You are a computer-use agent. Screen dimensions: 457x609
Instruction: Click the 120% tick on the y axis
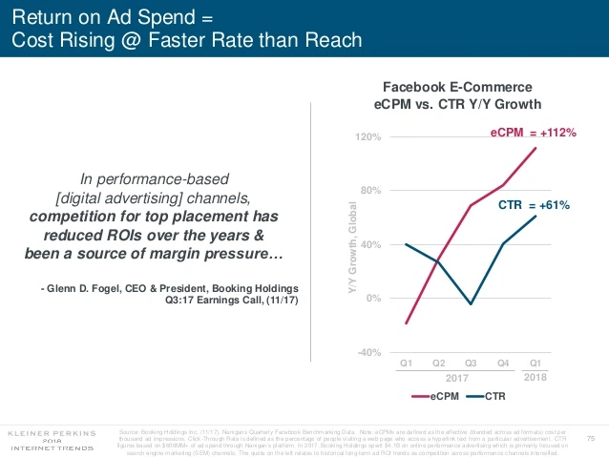point(367,137)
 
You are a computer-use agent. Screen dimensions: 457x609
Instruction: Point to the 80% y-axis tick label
point(369,191)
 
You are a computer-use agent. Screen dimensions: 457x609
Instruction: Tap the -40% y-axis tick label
point(367,352)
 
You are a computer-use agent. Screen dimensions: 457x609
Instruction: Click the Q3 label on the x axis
point(471,363)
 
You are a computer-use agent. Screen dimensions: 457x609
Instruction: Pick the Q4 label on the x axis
point(503,363)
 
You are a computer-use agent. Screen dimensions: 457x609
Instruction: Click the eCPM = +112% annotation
point(533,134)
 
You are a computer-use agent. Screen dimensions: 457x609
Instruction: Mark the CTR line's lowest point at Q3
point(471,304)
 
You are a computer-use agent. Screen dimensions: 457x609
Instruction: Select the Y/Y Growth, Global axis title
point(350,245)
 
